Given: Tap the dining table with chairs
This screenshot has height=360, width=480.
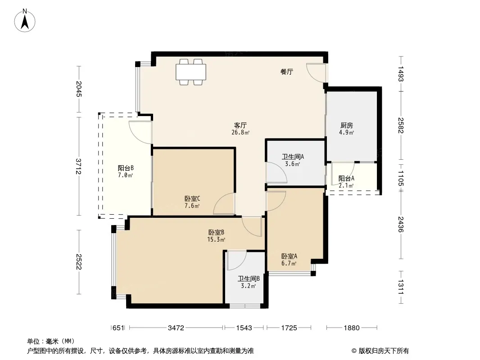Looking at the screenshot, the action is [x=191, y=72].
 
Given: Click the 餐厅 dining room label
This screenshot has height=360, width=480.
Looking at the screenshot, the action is [x=287, y=72].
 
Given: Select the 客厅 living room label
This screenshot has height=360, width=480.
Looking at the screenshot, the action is [x=240, y=126].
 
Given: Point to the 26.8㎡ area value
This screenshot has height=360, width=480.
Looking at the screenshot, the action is [x=240, y=132].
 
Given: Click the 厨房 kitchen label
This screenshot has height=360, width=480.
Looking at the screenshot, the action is [x=347, y=126].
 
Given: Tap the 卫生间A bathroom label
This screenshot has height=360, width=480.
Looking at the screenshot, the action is [x=293, y=157].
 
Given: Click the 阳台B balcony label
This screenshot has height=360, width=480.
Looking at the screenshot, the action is [x=126, y=168].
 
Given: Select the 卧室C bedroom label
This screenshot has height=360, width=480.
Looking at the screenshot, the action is [x=192, y=199].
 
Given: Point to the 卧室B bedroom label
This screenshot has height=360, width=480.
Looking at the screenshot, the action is [x=217, y=233].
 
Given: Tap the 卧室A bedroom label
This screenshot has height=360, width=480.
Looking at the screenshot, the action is [x=289, y=256].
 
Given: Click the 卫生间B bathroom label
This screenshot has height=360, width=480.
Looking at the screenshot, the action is [x=249, y=279].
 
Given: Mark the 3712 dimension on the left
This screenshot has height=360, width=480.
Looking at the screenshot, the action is [x=79, y=166].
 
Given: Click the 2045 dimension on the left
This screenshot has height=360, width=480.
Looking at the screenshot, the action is [x=79, y=89].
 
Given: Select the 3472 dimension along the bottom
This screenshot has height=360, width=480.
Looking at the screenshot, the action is [x=176, y=328].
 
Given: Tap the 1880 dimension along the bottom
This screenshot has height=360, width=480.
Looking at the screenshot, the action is [x=351, y=328].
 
